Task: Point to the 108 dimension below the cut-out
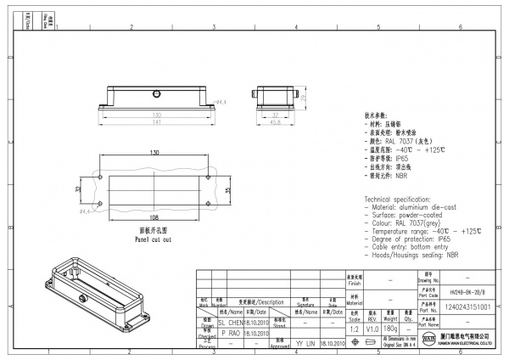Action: coord(154,217)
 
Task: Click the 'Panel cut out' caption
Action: coord(154,239)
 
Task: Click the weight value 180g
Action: coord(392,327)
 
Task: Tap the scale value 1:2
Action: coord(355,327)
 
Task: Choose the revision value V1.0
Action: coord(372,327)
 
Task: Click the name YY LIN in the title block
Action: coord(306,344)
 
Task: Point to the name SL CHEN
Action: coord(232,323)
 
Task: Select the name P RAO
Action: coord(232,334)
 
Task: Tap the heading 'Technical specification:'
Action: coord(400,197)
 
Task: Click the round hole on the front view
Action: coord(157,92)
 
